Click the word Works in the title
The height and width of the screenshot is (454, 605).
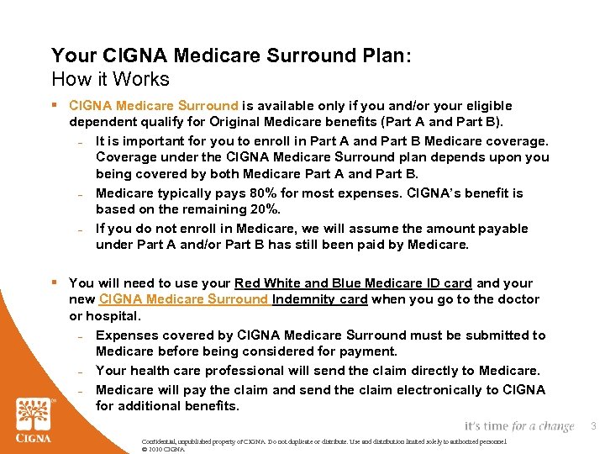pyautogui.click(x=144, y=80)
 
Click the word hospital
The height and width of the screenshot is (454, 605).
pyautogui.click(x=114, y=315)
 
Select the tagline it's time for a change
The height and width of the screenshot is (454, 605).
pyautogui.click(x=518, y=426)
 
